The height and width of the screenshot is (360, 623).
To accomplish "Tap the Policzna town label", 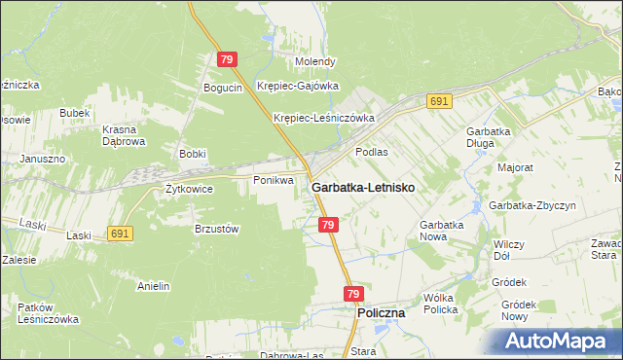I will tap(382, 314).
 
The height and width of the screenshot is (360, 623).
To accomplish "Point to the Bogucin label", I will tap(222, 88).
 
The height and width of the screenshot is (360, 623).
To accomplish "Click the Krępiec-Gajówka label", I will tap(297, 85).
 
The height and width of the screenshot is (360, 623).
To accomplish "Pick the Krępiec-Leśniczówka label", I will tap(324, 118).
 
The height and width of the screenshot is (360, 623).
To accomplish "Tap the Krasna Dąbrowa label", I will tap(125, 134).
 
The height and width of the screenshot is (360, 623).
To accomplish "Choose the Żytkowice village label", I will tap(189, 189).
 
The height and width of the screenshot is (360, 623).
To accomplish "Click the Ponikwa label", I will tap(273, 180).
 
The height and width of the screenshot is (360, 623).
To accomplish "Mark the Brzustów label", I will tap(216, 228).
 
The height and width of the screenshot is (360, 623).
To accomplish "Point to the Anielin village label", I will tap(154, 286).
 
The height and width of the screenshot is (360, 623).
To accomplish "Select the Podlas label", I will tap(372, 152).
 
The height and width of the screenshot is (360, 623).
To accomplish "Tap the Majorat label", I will tap(515, 167).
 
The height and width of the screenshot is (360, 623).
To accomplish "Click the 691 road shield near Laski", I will tap(120, 234).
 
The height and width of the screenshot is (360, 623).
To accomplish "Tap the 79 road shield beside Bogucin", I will tap(227, 59).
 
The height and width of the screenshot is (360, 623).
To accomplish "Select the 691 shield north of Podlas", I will tap(439, 101).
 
